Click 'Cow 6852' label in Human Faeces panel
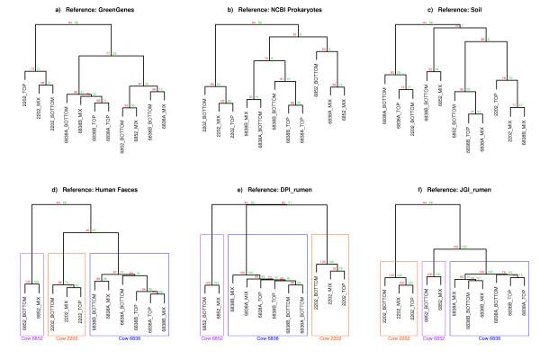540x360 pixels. point(31,339)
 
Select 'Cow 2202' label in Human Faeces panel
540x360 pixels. point(67,339)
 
